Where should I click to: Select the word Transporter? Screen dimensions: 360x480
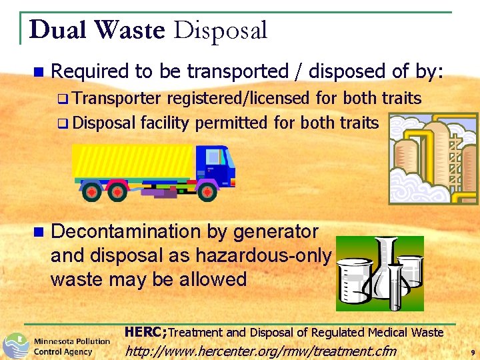(116, 99)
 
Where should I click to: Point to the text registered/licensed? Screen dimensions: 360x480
(238, 99)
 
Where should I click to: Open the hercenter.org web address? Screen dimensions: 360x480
(261, 351)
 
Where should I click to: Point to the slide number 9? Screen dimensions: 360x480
(472, 351)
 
